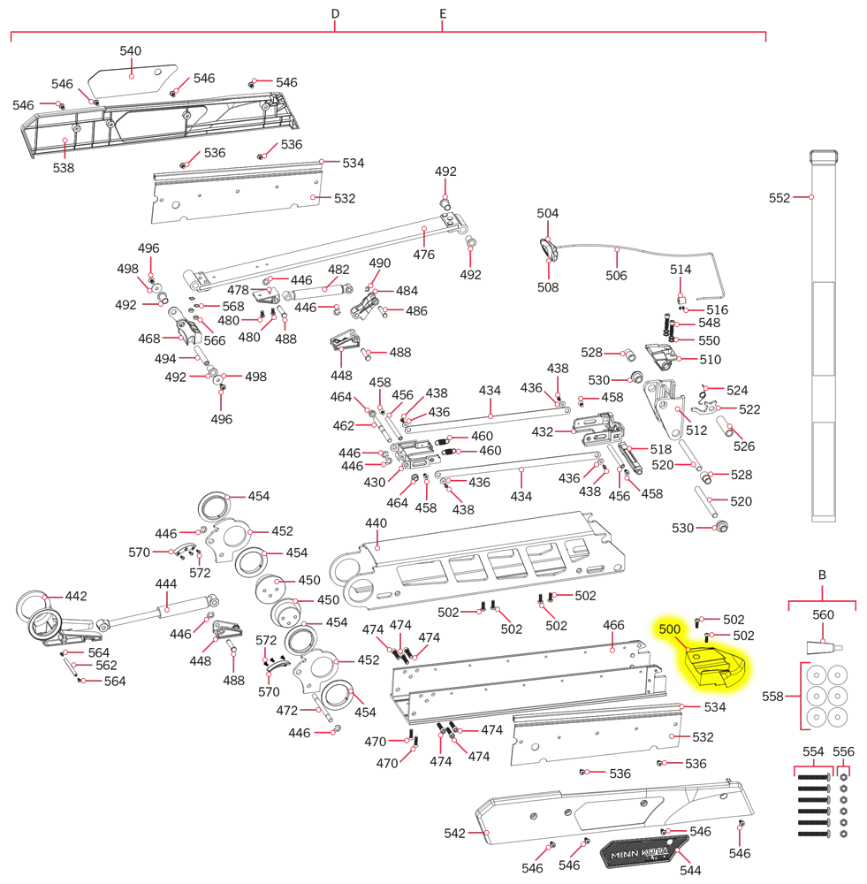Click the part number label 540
pos(130,51)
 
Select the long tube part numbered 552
pos(823,336)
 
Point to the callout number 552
pos(779,198)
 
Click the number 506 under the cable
pos(616,276)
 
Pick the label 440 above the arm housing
pos(376,523)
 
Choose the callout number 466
pos(613,625)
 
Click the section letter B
pos(822,575)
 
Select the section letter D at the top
pos(335,15)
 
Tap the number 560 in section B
pos(823,615)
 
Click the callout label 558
pos(772,697)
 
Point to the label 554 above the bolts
pos(813,751)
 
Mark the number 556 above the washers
pos(844,751)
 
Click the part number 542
pos(454,833)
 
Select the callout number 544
pos(690,871)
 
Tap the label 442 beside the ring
pos(76,597)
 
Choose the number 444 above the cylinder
pos(166,584)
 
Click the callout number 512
pos(696,431)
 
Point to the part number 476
pos(424,255)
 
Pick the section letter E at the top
pos(443,15)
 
